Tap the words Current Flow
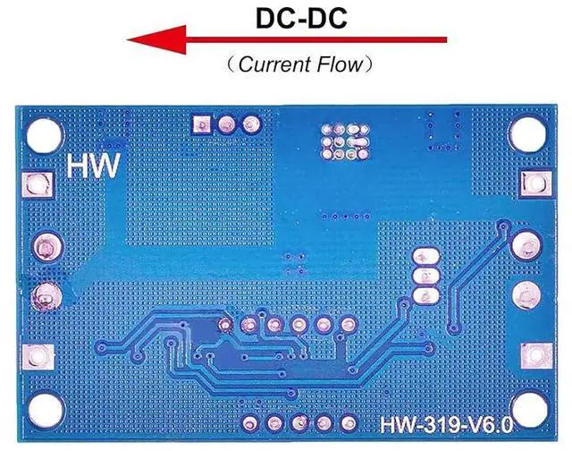coord(286,64)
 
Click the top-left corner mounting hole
coord(42,134)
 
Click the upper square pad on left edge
coord(38,186)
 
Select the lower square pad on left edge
coord(38,355)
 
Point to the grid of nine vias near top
coord(343,138)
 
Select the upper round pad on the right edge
coord(527,243)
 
